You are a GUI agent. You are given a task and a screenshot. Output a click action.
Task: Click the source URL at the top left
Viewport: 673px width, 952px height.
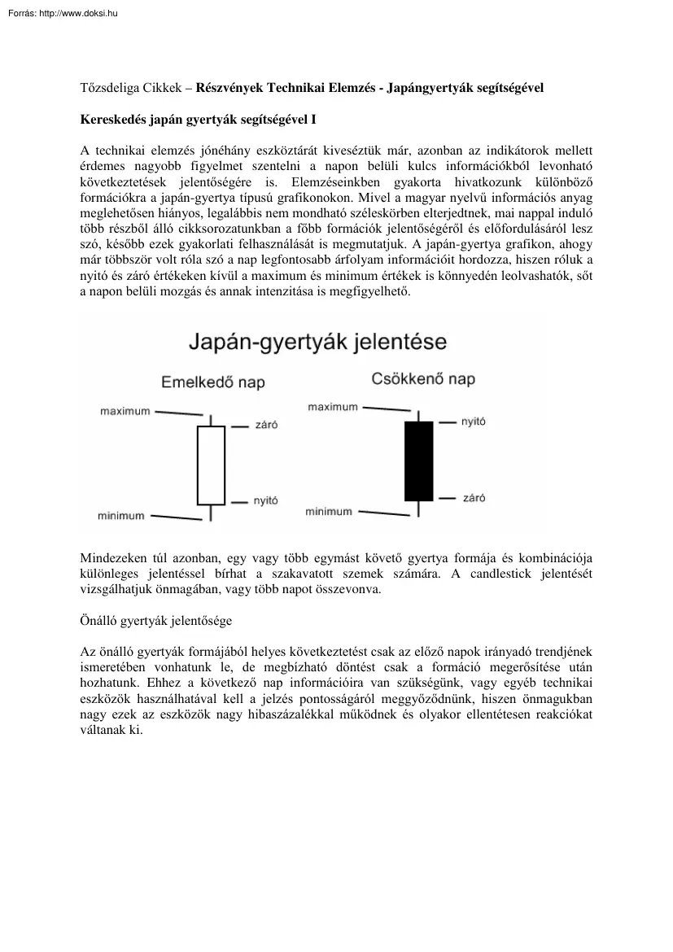pos(59,12)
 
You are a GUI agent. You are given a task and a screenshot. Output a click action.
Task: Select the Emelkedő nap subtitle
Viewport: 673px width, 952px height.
pos(213,382)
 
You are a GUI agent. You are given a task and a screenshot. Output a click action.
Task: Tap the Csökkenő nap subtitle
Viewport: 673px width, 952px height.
pos(423,379)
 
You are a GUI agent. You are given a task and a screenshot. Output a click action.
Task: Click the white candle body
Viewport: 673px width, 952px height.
pos(211,465)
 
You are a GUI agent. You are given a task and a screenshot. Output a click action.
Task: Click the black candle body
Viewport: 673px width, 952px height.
pos(419,461)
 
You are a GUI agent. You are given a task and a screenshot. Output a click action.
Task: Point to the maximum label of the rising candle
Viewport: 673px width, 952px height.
pos(125,412)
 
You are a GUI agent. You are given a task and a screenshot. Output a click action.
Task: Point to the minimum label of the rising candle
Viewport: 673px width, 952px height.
pos(121,516)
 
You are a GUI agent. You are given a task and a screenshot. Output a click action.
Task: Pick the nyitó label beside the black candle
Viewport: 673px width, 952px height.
pos(474,422)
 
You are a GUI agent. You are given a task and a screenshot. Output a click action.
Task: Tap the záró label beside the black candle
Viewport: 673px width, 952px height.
pos(474,497)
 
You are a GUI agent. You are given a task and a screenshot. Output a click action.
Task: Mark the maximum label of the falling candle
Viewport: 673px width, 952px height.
pos(333,407)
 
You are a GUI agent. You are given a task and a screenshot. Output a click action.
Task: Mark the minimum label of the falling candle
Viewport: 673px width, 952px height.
pos(329,512)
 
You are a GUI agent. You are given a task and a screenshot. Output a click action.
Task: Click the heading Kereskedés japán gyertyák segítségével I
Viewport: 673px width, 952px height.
pos(198,119)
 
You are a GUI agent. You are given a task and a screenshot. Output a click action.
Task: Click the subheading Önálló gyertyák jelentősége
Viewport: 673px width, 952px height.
pos(156,621)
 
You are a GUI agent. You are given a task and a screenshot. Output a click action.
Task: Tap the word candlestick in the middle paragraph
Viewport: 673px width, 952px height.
pos(503,574)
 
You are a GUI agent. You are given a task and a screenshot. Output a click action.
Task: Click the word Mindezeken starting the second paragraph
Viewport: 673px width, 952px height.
pos(112,558)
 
